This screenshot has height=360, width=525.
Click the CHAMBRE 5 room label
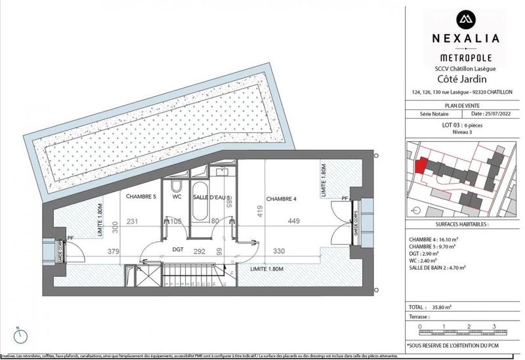(140, 196)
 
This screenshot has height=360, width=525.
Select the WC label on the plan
(177, 196)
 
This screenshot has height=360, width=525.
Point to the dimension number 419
(259, 211)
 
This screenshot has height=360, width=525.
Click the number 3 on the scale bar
(492, 326)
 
